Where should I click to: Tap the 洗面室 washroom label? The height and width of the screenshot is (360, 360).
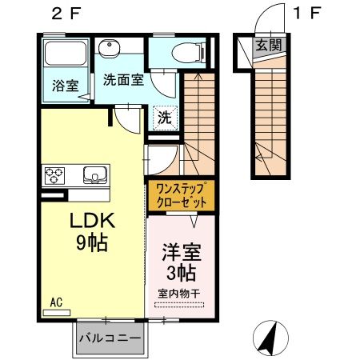tap(123, 80)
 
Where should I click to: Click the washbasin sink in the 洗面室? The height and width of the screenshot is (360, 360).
tap(110, 49)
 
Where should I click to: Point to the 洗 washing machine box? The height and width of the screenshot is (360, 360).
tap(163, 116)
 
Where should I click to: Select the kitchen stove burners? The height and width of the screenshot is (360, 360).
tap(55, 174)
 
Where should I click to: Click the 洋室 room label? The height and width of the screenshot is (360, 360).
tap(179, 250)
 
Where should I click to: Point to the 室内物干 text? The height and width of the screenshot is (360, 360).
tap(179, 294)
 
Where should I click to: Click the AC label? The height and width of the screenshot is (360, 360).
tap(56, 302)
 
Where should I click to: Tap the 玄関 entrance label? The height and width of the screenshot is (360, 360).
tap(268, 46)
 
